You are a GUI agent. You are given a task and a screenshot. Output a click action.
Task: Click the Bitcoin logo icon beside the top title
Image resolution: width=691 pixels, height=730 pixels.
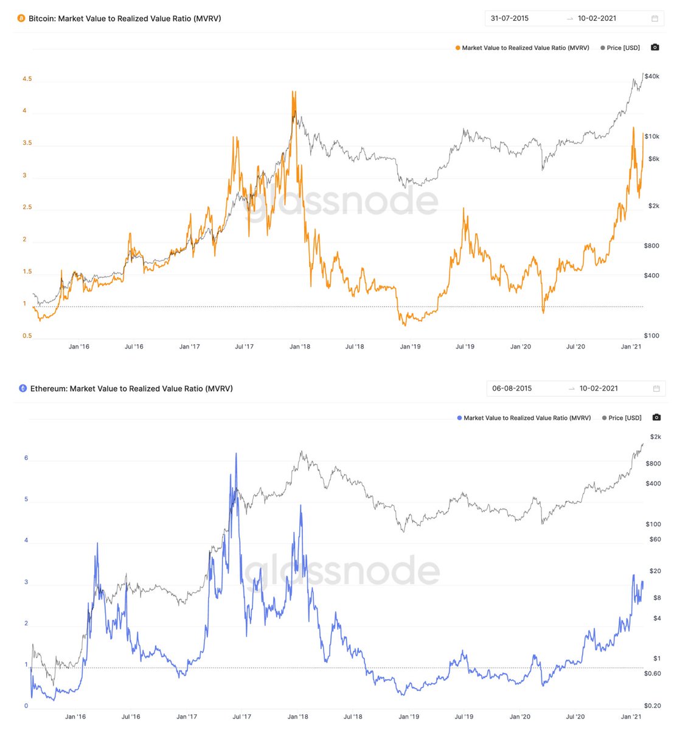coord(21,19)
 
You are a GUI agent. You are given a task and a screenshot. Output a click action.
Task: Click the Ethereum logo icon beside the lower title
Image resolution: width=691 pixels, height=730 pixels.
coord(23,388)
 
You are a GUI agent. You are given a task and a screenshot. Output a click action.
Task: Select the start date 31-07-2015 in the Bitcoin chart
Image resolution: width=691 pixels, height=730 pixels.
coord(510,18)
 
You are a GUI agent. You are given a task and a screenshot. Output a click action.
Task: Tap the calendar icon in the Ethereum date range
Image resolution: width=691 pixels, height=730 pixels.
coord(656,389)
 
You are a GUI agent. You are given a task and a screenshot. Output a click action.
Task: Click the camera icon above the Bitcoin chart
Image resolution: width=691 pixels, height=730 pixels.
coord(655,47)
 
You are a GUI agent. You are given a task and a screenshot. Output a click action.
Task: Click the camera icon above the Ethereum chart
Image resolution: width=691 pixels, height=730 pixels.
coord(656,418)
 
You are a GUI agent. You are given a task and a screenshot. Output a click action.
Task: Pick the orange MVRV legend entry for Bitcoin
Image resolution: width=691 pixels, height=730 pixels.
coord(522,48)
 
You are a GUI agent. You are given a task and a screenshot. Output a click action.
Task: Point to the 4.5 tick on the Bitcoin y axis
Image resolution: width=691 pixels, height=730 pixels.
coord(27,79)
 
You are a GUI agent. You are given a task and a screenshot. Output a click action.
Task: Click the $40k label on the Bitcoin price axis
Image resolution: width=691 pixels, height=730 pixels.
coord(652,77)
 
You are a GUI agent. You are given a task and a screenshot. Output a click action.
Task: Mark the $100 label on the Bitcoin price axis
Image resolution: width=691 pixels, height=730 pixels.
coord(651,336)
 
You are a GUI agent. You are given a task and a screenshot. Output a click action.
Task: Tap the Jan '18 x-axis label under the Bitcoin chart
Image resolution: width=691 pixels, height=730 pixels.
coord(299,347)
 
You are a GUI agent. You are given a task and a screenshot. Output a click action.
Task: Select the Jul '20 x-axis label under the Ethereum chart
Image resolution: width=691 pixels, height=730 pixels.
coord(575,717)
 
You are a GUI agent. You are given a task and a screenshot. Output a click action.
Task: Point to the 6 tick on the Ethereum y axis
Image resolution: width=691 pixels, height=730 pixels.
coord(26,458)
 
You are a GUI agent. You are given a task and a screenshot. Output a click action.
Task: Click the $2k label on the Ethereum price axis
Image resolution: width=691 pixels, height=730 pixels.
coord(655,437)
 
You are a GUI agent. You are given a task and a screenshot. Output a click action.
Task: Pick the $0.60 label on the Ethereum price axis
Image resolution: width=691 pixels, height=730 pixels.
coord(653,673)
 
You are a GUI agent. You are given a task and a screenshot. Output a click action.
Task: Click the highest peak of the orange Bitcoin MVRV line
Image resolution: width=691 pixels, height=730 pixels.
coord(294,92)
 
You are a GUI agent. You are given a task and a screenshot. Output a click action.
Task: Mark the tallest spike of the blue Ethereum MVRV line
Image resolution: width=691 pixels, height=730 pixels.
coord(236,454)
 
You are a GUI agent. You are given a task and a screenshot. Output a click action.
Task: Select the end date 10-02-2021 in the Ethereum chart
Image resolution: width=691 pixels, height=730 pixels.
coord(599,389)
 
